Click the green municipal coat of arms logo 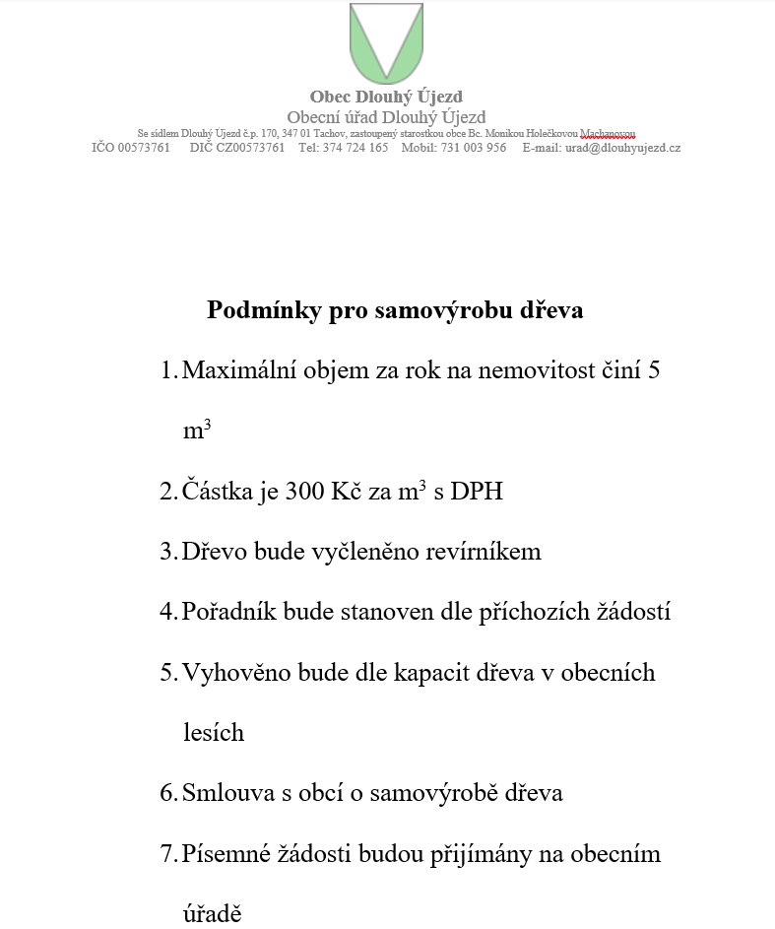pos(386,42)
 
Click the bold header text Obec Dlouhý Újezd pos(386,97)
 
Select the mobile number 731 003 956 pos(474,148)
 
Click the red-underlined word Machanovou pos(608,133)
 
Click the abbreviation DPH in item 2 pos(477,491)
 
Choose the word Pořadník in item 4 pos(229,612)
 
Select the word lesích pos(213,733)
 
